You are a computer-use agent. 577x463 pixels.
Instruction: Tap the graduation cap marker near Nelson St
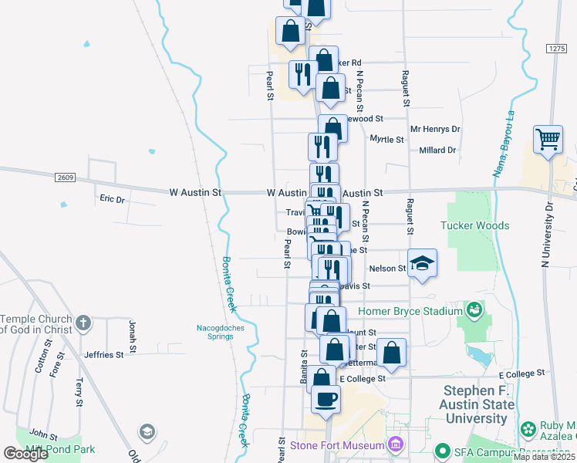pyautogui.click(x=422, y=263)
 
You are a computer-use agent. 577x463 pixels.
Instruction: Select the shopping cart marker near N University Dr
pyautogui.click(x=548, y=140)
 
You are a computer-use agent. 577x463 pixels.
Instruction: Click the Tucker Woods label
pyautogui.click(x=474, y=225)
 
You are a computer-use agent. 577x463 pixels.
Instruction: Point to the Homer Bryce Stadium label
pyautogui.click(x=410, y=311)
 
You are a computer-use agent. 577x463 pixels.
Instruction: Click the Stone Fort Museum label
pyautogui.click(x=337, y=445)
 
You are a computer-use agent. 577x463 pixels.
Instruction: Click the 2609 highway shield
pyautogui.click(x=66, y=177)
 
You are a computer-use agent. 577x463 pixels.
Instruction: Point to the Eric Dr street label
pyautogui.click(x=112, y=199)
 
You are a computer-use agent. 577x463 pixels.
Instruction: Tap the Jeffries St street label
pyautogui.click(x=103, y=355)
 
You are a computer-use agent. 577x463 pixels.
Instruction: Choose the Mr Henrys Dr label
pyautogui.click(x=435, y=130)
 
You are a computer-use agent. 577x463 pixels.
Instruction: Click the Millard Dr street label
pyautogui.click(x=437, y=150)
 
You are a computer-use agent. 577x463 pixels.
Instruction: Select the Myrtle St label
pyautogui.click(x=386, y=140)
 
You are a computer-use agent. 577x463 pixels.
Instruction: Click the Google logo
pyautogui.click(x=25, y=454)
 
